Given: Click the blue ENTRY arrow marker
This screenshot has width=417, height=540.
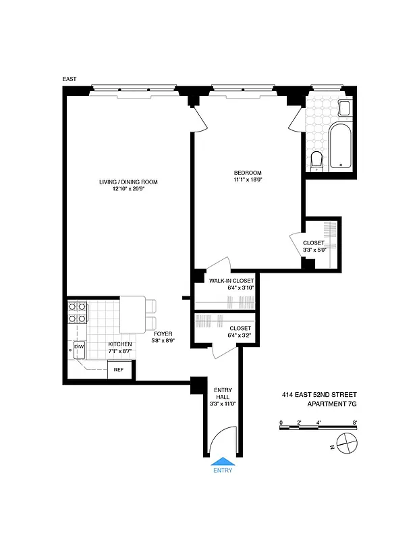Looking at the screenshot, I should pos(223,462).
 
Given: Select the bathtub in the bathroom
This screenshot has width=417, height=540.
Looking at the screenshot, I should pos(340,145).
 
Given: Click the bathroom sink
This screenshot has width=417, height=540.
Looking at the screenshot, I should pos(345,108).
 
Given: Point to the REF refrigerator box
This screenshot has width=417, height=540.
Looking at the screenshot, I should pos(118,369).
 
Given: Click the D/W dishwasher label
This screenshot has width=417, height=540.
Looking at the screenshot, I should pos(79,346).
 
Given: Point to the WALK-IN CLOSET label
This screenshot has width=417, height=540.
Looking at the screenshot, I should pos(231,280).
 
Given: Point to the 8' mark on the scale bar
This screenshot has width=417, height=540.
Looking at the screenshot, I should pos(354,423).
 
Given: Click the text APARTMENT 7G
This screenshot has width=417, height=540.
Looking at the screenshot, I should pos(331,404).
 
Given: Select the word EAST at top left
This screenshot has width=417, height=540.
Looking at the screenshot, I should pos(69,80).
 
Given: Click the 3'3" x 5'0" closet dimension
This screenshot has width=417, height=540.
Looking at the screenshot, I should pos(314,250).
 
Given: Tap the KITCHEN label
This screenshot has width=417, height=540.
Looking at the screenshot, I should pos(121,344).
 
